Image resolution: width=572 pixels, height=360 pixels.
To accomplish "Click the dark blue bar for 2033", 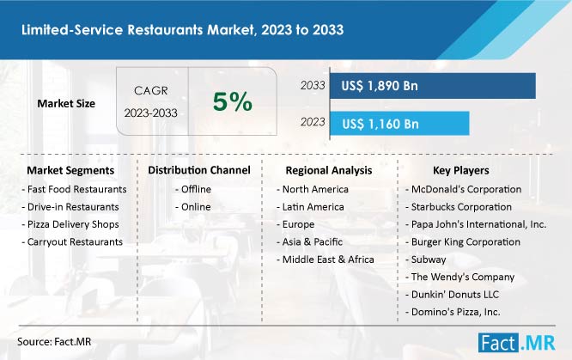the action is click(433, 86).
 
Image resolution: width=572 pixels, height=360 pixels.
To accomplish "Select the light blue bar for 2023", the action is click(399, 124).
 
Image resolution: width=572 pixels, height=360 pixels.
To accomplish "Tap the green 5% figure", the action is click(233, 101).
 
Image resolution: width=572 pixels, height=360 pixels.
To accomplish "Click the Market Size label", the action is click(66, 103).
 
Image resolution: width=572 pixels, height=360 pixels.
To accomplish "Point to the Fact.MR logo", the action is click(516, 343).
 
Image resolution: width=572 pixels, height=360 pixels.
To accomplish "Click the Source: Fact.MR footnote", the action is click(54, 341).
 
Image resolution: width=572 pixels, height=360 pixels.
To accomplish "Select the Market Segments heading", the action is click(70, 170).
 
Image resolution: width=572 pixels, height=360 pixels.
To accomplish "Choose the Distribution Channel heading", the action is click(199, 170).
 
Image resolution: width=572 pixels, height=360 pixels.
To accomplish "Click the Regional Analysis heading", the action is click(329, 170).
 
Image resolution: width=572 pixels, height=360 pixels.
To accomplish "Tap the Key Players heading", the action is click(461, 170).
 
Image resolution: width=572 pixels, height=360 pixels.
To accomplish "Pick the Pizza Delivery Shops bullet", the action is click(70, 224).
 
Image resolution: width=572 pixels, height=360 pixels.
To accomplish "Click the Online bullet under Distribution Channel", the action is click(193, 207).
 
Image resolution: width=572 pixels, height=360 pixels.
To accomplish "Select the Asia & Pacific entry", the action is click(310, 241).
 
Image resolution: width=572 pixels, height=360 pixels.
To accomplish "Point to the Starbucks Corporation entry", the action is click(459, 207).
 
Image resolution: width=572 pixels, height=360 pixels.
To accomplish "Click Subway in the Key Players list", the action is click(426, 259).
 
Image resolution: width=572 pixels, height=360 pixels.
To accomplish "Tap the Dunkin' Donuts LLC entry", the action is click(452, 295).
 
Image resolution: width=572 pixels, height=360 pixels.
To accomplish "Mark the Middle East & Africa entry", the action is click(326, 259).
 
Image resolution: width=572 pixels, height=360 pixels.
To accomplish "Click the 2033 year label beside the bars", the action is click(313, 85).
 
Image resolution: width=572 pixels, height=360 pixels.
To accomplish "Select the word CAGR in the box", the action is click(151, 90).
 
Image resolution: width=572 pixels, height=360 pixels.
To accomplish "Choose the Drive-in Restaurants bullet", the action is click(70, 207).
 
